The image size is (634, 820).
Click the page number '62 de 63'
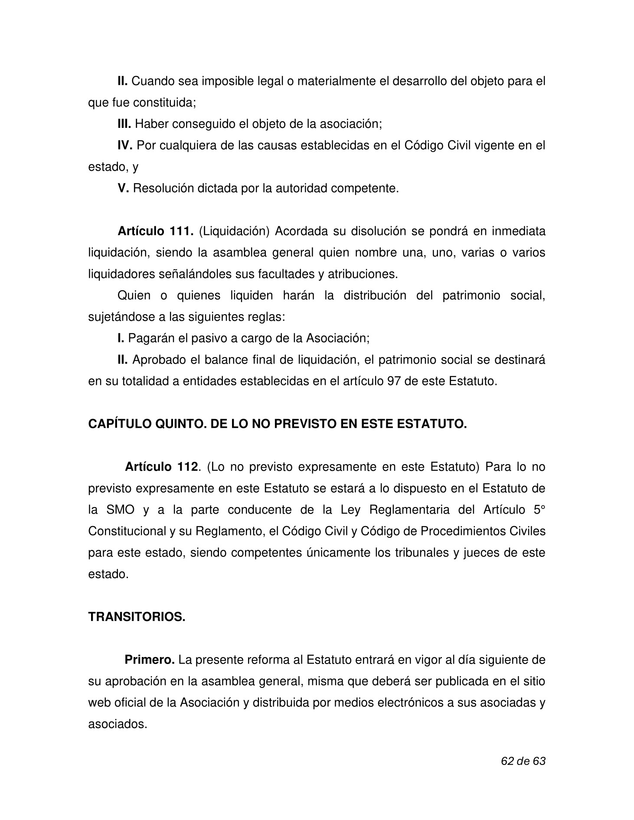(523, 761)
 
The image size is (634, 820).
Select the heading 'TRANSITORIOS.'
(137, 617)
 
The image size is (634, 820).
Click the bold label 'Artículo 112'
(162, 467)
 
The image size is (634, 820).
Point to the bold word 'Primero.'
(150, 660)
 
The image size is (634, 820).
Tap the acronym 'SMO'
(120, 510)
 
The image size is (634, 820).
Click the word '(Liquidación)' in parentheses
(234, 231)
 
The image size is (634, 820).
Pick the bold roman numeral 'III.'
(124, 124)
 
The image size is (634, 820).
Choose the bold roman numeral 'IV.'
(125, 146)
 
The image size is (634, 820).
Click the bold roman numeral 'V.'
(123, 189)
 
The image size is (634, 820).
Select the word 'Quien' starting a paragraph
(134, 296)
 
